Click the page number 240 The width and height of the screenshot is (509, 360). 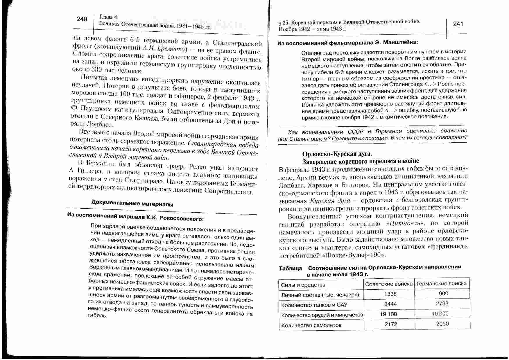pos(82,19)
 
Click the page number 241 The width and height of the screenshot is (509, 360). pos(458,24)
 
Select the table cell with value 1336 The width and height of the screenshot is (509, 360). pos(390,294)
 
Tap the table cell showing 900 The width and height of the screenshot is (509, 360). pos(443,293)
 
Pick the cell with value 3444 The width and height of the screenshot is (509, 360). pos(390,304)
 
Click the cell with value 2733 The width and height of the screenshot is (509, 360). pos(442,304)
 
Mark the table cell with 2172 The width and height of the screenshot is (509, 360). pos(391,324)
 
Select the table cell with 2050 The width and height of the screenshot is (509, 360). pos(442,324)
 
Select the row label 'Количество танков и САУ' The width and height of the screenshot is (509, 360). pos(314,305)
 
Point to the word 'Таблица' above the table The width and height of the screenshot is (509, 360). pos(291,268)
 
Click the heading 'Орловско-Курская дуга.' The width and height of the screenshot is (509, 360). pos(337,154)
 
